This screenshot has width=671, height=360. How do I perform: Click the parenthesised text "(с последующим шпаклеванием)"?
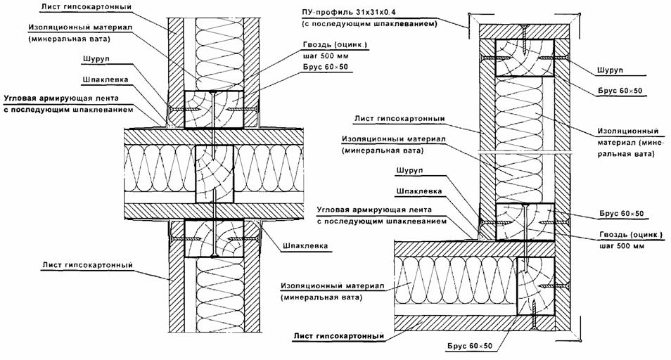coord(370,24)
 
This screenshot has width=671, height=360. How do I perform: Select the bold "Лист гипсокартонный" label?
coord(338,336)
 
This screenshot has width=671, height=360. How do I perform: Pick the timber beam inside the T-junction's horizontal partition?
coord(215,174)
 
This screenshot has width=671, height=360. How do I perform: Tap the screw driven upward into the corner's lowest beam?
coord(534,316)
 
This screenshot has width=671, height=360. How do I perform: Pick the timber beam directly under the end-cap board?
coord(524,58)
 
